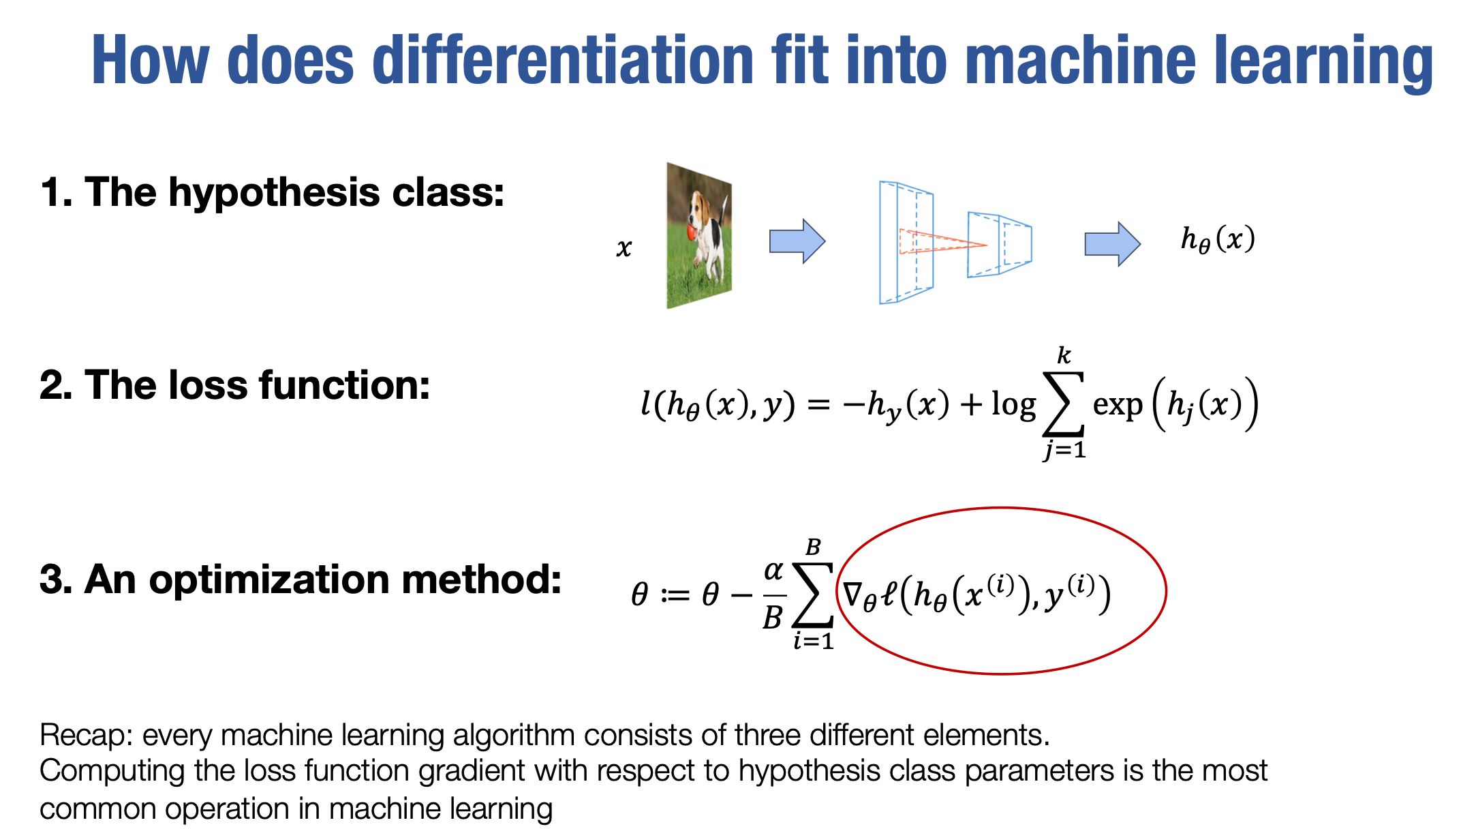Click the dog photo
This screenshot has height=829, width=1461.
[699, 235]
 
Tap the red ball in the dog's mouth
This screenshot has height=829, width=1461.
[692, 231]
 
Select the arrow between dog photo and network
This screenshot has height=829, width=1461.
[797, 241]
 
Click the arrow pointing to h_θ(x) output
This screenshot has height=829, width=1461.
[1112, 243]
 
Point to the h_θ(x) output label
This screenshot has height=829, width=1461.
[1218, 239]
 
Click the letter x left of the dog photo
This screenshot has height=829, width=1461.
[624, 247]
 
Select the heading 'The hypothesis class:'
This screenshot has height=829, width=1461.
[294, 192]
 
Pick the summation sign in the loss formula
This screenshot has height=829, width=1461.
[1064, 404]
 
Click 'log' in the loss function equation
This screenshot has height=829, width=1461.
[1013, 405]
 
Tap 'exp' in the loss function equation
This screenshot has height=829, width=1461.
[1118, 405]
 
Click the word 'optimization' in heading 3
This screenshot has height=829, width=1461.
[270, 580]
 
